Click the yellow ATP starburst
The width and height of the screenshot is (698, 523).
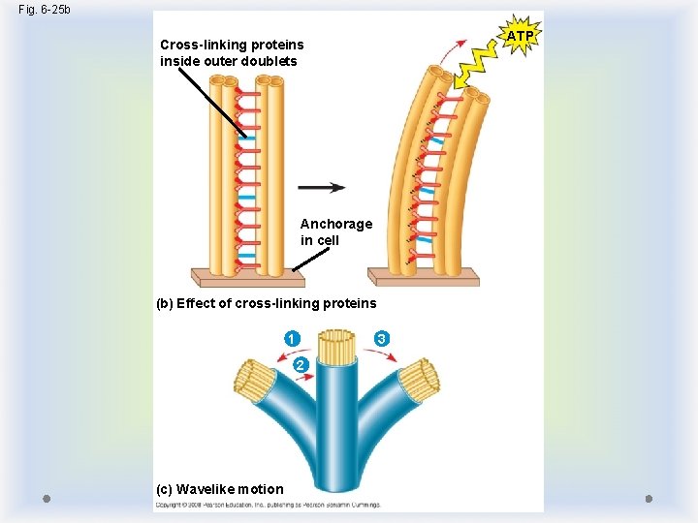520,37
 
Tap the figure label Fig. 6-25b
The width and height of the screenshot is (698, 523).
45,9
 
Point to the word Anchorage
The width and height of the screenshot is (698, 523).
335,224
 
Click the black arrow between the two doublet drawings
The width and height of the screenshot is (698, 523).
322,187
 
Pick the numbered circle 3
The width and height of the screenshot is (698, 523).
382,339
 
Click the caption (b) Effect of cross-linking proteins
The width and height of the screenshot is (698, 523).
267,303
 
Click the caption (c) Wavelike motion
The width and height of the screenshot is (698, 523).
220,489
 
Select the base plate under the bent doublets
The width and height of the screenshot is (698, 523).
427,276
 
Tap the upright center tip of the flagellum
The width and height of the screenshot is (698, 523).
337,347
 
